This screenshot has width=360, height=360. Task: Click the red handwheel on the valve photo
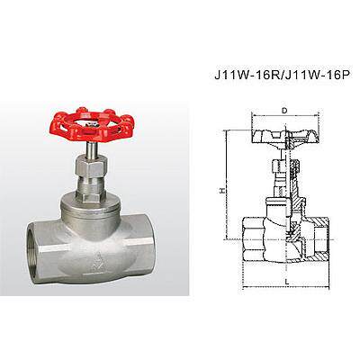[91, 124]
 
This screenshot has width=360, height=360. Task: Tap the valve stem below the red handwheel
[91, 150]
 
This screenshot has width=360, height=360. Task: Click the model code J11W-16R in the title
[247, 75]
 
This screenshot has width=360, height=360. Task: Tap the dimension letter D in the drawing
[284, 111]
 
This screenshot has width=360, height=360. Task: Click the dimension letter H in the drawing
[222, 190]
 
